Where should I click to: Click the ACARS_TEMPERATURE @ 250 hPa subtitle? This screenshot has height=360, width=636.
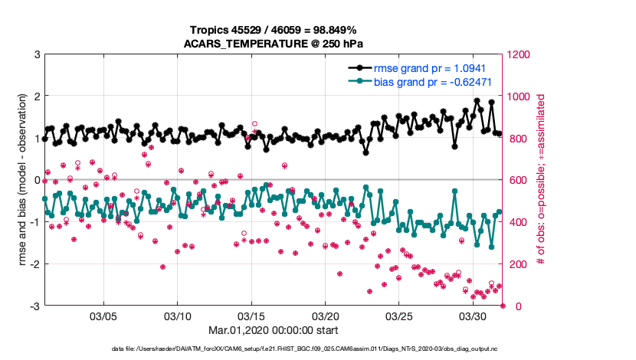(274, 44)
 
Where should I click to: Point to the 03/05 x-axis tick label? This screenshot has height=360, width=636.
(103, 316)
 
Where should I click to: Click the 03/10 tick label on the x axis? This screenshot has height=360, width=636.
(177, 316)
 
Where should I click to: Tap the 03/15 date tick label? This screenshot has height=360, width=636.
(251, 316)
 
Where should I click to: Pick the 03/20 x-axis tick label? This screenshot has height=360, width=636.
(325, 316)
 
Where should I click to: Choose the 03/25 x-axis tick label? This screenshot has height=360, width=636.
(398, 316)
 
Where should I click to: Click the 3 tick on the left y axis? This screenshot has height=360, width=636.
(37, 54)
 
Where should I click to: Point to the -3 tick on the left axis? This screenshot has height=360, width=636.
(34, 306)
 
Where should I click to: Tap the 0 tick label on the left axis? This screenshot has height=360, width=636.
(37, 180)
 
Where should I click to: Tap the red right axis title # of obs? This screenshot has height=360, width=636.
(541, 181)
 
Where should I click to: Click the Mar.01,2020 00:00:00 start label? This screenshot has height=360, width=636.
(274, 331)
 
